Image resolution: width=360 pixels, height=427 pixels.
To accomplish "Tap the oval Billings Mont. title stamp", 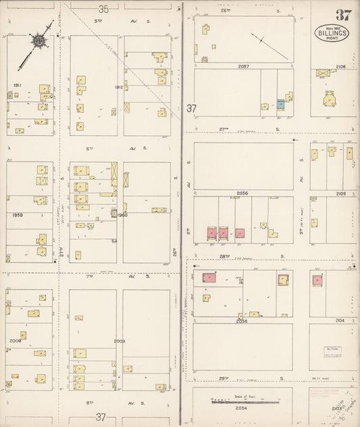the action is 332,33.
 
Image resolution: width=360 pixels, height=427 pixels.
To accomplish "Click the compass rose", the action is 41,42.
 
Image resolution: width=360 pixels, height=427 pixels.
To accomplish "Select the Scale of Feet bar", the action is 242,401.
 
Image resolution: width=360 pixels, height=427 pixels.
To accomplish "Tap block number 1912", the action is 118,86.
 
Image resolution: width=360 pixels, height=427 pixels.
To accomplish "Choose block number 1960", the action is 122,216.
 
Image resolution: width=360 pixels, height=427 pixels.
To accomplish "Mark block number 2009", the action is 120,341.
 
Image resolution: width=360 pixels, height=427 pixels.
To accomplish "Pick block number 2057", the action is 243,66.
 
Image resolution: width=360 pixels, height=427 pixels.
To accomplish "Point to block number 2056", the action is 242,193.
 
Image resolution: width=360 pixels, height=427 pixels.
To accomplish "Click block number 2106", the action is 340,66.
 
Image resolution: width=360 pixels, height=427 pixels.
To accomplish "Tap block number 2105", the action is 340,193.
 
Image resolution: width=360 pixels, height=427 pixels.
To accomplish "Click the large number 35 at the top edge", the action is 103,9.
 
